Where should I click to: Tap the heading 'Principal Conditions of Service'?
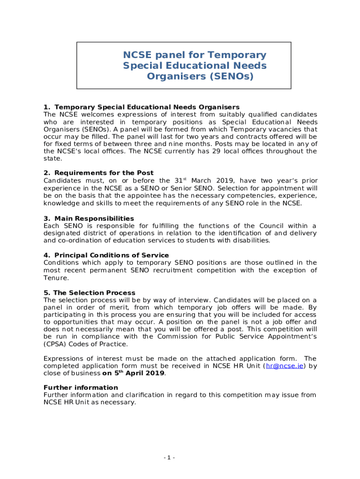(111, 255)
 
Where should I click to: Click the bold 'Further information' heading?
(80, 388)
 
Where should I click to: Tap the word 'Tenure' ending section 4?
(55, 278)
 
